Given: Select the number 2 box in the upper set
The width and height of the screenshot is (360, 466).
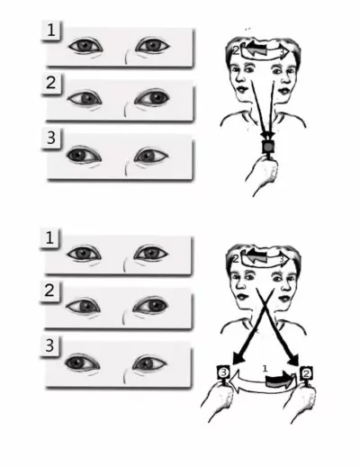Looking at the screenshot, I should (52, 84).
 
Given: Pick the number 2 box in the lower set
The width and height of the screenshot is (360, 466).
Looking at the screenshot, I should (52, 290).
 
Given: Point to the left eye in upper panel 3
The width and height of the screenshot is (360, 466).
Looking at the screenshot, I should (84, 155).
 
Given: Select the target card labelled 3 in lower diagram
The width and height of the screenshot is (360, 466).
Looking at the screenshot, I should (223, 371).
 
